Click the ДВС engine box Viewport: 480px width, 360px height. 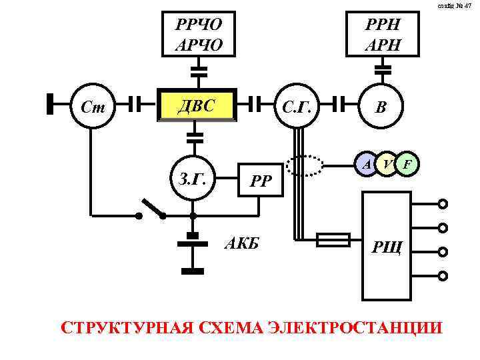pos(197,104)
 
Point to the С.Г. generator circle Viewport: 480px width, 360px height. pos(296,105)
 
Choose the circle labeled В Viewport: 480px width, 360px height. pos(381,105)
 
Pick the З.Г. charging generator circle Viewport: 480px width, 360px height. pos(193,179)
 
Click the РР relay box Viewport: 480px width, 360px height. pos(261,179)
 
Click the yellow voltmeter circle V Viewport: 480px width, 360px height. pos(387,163)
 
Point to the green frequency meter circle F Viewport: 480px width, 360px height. pos(408,163)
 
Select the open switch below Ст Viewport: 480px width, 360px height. pos(153,209)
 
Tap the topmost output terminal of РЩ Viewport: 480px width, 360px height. pos(443,205)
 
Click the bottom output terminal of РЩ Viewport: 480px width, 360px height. pos(443,275)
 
